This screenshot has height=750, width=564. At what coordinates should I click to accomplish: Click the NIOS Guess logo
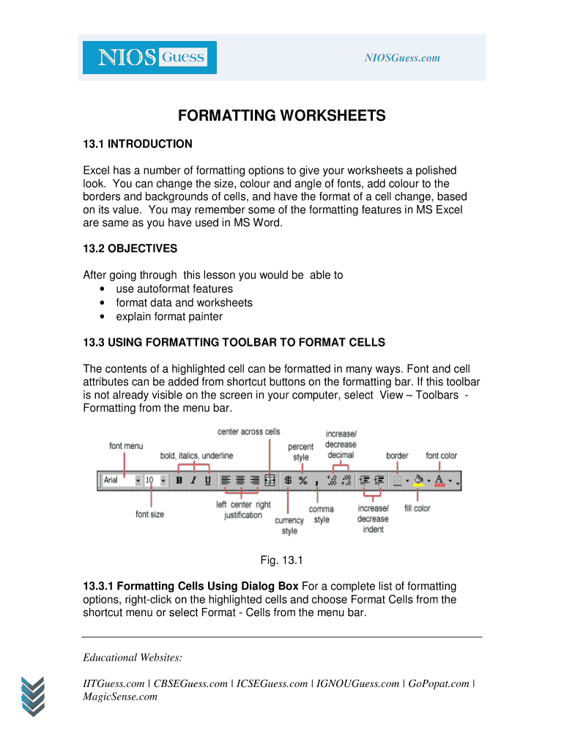149,57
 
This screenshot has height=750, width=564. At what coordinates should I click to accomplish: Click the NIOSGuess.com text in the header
402,58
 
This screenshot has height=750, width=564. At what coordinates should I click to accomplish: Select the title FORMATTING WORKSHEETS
282,116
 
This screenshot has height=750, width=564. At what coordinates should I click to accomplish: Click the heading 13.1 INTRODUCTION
138,144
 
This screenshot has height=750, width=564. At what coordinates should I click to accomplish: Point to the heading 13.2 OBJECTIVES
130,248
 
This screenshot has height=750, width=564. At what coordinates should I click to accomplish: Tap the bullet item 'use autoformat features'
174,289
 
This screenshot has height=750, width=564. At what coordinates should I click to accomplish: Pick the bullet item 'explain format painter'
169,316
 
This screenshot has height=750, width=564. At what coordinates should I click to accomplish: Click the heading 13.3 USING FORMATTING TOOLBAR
234,342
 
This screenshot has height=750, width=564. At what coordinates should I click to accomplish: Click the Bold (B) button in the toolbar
179,480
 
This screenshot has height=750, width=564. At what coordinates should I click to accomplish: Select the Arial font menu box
120,480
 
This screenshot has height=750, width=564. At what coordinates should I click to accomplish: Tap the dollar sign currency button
288,480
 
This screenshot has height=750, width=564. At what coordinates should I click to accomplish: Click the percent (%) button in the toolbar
303,480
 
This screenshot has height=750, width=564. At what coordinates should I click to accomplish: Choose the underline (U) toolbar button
207,480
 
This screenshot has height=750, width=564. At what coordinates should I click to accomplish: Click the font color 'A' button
439,480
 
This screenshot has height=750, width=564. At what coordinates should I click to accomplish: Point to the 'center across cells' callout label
249,431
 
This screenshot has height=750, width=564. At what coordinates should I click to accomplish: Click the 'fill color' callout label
418,508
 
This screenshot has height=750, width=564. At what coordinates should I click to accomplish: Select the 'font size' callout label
150,514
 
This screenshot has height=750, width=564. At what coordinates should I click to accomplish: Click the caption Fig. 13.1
282,560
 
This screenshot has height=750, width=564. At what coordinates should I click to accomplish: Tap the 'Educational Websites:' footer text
133,657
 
